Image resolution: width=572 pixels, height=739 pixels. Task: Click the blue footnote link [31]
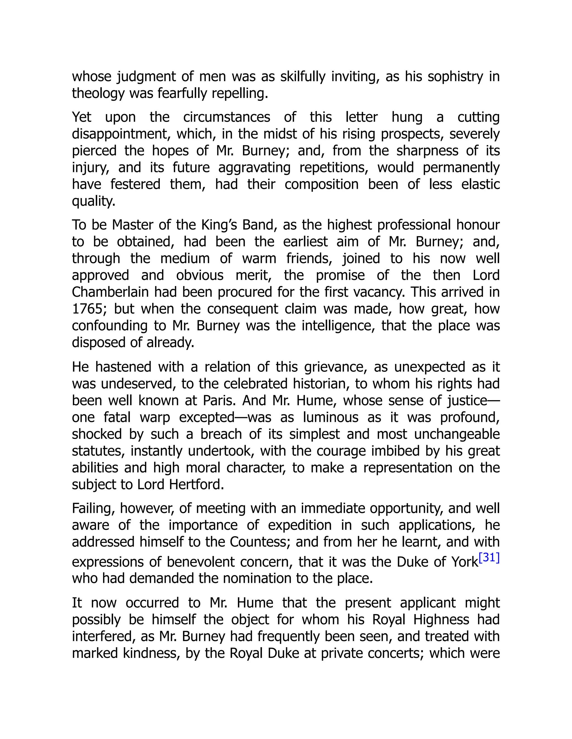[x=489, y=557]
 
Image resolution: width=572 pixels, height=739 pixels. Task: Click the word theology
[x=98, y=93]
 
